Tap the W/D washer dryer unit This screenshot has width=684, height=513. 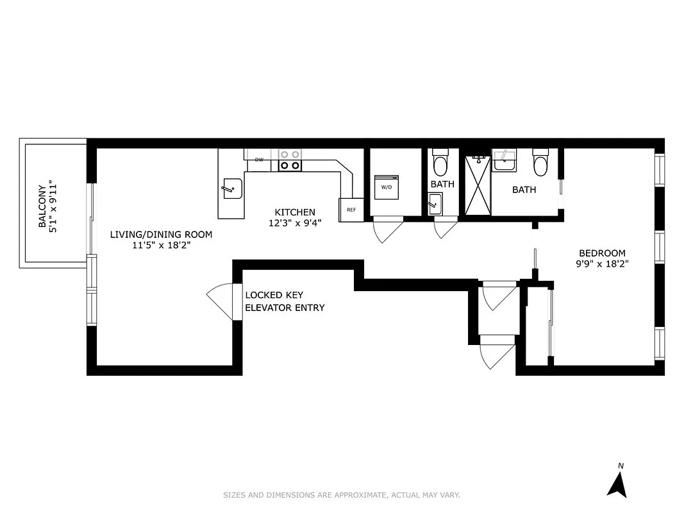pyautogui.click(x=387, y=187)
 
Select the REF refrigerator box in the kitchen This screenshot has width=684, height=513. pyautogui.click(x=351, y=210)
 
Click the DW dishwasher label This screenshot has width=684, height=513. pyautogui.click(x=259, y=160)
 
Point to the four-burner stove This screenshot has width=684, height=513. pyautogui.click(x=290, y=160)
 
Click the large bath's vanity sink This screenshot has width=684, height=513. pyautogui.click(x=505, y=161)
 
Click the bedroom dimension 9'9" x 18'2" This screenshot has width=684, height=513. pyautogui.click(x=602, y=264)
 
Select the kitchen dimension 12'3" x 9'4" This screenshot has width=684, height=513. pyautogui.click(x=295, y=223)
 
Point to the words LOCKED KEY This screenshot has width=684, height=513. pyautogui.click(x=274, y=295)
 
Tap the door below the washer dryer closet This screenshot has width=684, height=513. pyautogui.click(x=387, y=230)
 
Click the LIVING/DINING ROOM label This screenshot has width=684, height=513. pyautogui.click(x=161, y=234)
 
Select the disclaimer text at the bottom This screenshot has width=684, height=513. pyautogui.click(x=342, y=495)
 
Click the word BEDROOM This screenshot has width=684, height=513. pyautogui.click(x=602, y=253)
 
